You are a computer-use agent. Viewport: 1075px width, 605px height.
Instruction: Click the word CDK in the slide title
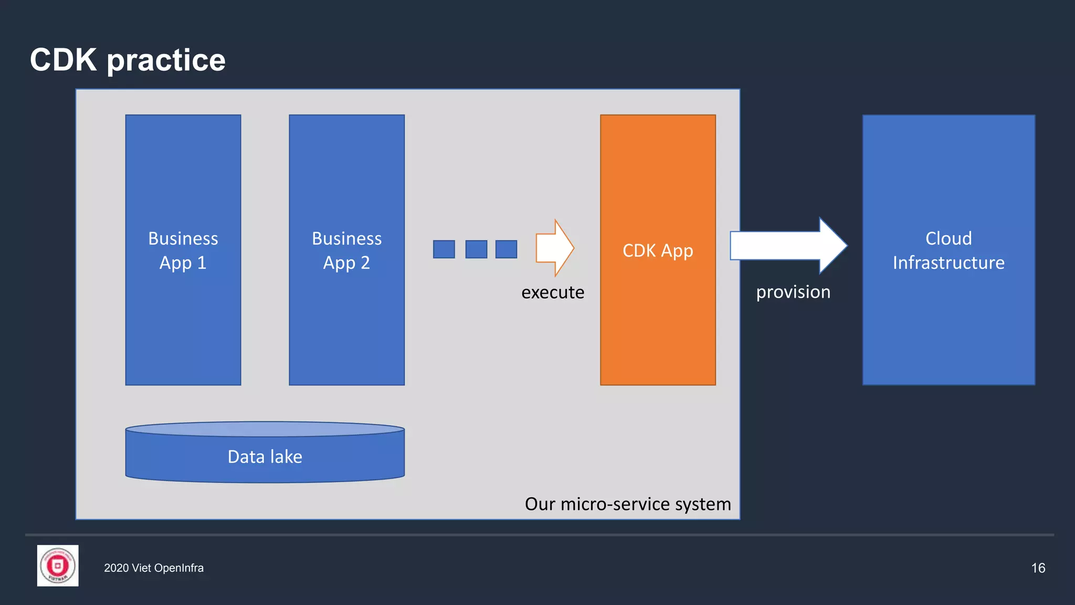[64, 60]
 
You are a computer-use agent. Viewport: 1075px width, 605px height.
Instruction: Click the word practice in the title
[166, 61]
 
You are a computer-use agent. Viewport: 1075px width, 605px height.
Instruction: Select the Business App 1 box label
[183, 251]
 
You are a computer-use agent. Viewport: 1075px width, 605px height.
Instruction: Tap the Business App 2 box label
[346, 251]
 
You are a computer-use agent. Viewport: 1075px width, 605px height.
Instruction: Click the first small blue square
[444, 249]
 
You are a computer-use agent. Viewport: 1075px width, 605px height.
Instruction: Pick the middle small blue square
[476, 249]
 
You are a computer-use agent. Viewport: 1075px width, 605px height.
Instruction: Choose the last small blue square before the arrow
[506, 249]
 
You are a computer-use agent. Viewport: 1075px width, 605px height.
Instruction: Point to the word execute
[552, 293]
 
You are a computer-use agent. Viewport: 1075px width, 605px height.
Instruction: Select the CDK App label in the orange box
[657, 251]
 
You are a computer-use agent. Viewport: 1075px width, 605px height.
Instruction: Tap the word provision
[793, 292]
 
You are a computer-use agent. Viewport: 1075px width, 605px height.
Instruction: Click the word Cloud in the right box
[948, 238]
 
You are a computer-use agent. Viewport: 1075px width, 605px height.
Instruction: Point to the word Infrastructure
[948, 263]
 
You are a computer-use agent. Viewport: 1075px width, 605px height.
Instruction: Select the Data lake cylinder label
[265, 457]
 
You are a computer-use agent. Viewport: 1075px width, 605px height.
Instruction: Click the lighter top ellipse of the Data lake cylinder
[265, 429]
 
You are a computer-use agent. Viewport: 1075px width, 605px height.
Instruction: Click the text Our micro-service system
[627, 504]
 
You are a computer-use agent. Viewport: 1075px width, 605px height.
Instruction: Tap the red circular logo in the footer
[58, 566]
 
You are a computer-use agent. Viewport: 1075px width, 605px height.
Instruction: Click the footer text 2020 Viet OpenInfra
[153, 568]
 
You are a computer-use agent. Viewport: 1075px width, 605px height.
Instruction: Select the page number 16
[1038, 568]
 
